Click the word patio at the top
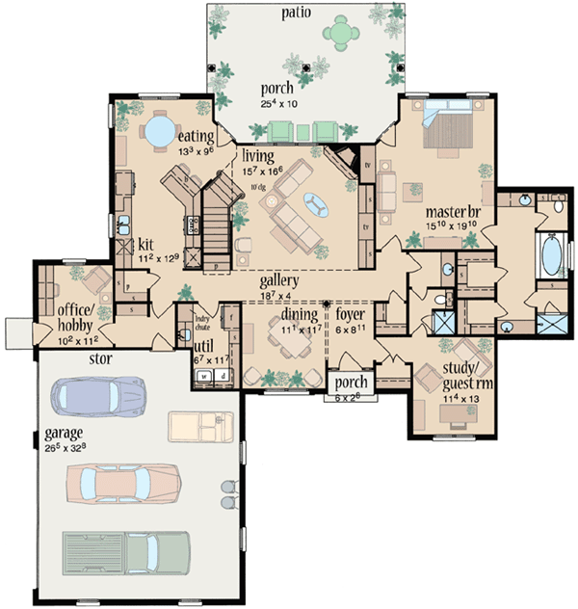(295, 12)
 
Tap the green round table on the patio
(342, 33)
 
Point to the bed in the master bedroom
(449, 130)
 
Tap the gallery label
(278, 280)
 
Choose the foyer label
(350, 313)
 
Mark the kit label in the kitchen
(147, 245)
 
